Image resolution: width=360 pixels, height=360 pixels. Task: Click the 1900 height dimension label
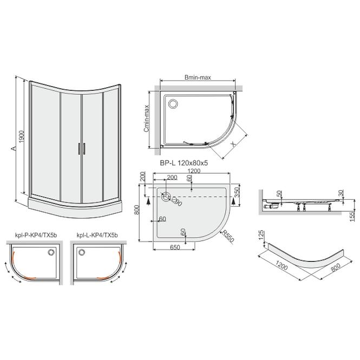[x=21, y=137]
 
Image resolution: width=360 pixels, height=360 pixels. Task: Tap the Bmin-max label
[x=198, y=77]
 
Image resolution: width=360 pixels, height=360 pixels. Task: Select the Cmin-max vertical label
[x=147, y=119]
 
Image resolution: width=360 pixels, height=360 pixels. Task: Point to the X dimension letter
[x=233, y=144]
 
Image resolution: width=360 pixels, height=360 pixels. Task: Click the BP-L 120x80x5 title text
[x=184, y=163]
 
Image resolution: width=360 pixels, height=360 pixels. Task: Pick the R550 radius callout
[x=227, y=236]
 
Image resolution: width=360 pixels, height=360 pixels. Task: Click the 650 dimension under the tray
[x=175, y=247]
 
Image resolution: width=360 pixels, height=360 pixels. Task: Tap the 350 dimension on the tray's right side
[x=237, y=192]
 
